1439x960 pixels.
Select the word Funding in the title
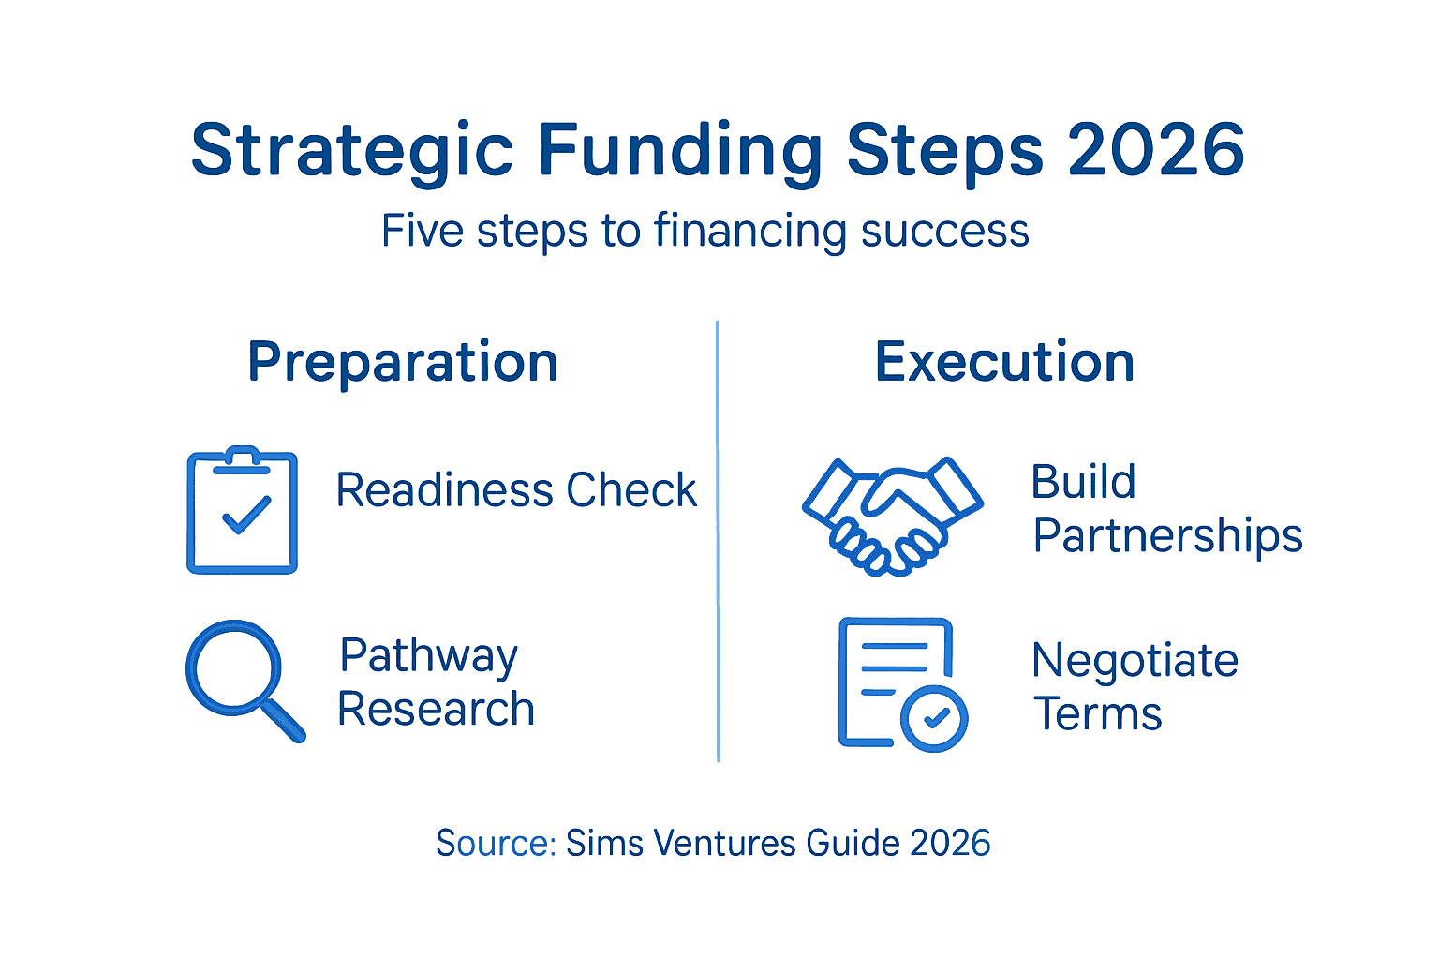click(680, 150)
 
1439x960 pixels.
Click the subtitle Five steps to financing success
click(705, 231)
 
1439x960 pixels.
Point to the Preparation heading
click(403, 362)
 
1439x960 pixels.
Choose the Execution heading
click(1004, 362)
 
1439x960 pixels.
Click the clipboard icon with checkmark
click(243, 511)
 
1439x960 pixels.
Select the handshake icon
click(892, 516)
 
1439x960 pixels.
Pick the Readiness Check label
click(516, 490)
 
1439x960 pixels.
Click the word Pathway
click(428, 656)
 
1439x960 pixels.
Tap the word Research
click(436, 709)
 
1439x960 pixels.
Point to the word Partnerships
click(1167, 536)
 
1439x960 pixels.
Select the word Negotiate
click(1135, 661)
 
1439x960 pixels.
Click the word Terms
click(1097, 714)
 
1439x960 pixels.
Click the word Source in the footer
click(494, 843)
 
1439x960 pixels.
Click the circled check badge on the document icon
click(934, 719)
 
